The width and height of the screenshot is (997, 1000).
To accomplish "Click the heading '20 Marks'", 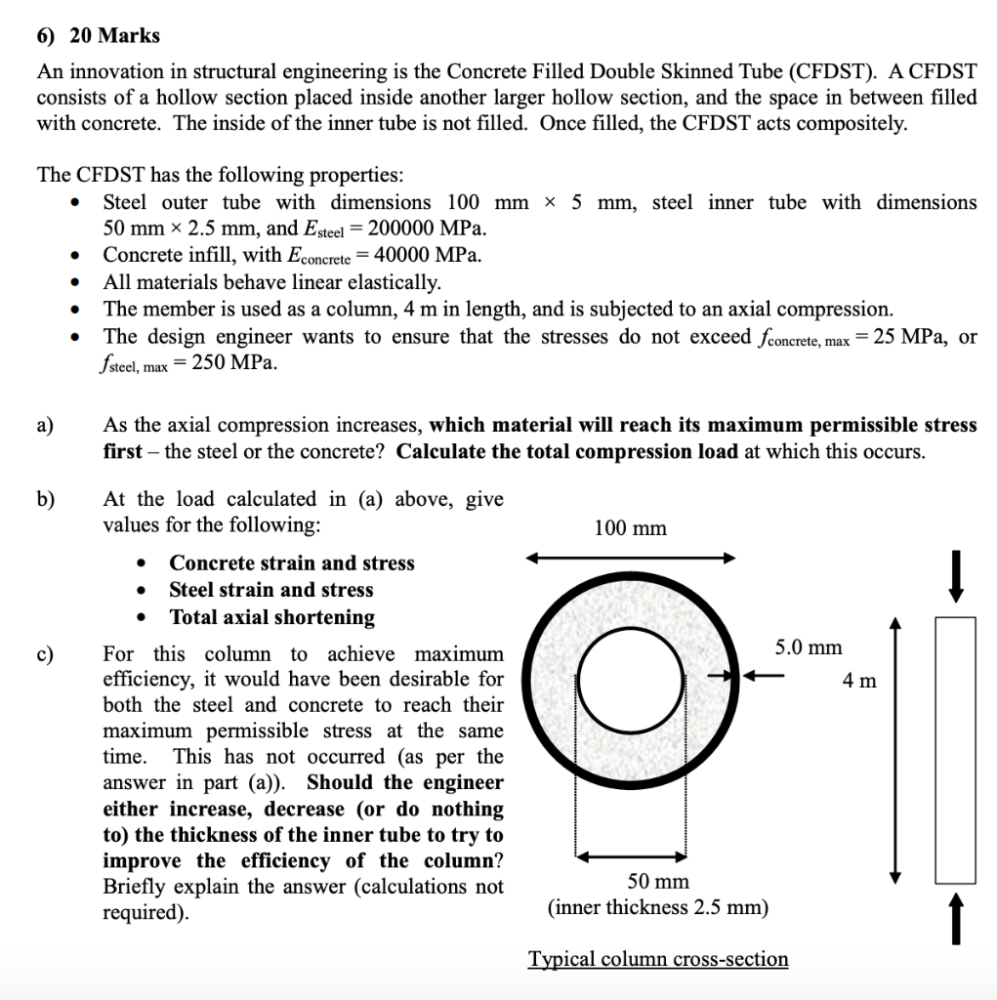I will click(x=115, y=36).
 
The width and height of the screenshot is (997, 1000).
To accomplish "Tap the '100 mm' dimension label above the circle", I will click(x=630, y=528).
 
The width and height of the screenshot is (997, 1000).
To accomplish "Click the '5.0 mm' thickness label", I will click(x=809, y=646).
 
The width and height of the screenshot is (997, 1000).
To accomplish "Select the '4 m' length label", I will click(x=861, y=681).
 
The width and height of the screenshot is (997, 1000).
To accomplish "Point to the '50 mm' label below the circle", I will click(x=657, y=882).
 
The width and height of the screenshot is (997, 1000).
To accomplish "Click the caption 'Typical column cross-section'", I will click(x=658, y=959).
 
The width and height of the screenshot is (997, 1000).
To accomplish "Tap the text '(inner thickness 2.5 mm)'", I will click(x=658, y=908).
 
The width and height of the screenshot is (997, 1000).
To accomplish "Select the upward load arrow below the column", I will click(x=957, y=918).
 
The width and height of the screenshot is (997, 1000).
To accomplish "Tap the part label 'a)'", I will click(x=46, y=426).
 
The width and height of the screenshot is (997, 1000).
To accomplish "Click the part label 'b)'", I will click(x=46, y=500).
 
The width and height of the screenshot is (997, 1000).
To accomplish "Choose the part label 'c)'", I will click(x=46, y=654).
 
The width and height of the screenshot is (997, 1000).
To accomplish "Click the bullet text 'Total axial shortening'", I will click(x=271, y=617).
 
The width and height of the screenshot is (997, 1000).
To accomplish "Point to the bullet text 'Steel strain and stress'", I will click(x=270, y=590).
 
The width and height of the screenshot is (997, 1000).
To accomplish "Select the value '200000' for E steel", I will click(x=402, y=229).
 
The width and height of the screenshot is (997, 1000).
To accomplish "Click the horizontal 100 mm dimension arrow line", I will click(x=630, y=559).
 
